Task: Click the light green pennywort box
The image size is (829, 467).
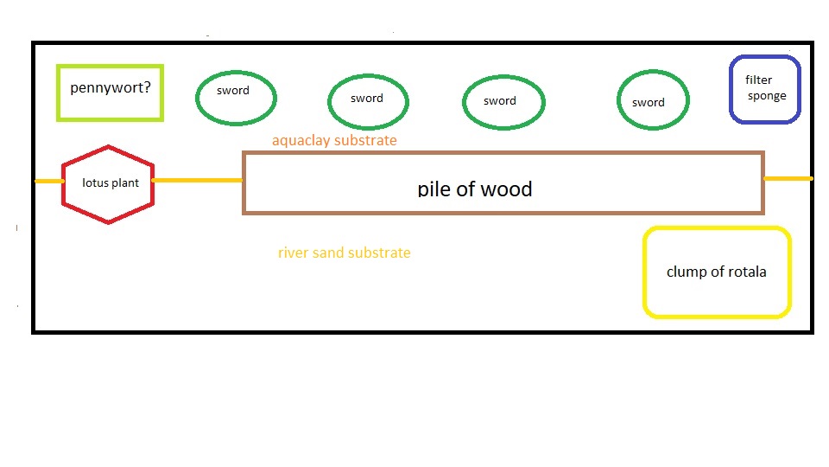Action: click(x=110, y=93)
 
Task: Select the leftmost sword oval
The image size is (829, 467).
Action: click(x=236, y=97)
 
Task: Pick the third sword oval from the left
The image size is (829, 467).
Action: click(x=503, y=103)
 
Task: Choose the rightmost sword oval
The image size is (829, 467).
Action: click(x=653, y=101)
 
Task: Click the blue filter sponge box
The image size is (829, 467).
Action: click(x=765, y=89)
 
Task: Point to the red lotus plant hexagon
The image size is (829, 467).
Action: click(x=109, y=183)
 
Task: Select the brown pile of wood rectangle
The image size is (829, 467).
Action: click(x=503, y=182)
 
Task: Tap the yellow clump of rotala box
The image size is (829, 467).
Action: click(x=717, y=272)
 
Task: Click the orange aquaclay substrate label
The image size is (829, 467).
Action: click(x=334, y=140)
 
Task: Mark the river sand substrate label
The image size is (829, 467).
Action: click(x=344, y=253)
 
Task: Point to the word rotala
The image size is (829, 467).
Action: click(x=744, y=272)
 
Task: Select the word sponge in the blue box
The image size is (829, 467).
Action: click(x=767, y=96)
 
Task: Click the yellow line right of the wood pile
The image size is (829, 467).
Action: click(x=788, y=179)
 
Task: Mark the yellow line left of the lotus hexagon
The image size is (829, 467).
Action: click(x=48, y=182)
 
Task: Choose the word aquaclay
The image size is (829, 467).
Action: click(x=306, y=140)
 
